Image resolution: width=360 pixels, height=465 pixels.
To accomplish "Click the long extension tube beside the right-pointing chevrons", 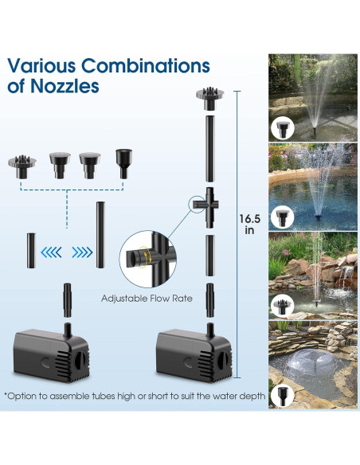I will coord(101,236).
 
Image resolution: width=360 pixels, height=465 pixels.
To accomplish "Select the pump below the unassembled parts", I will coord(51,353).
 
